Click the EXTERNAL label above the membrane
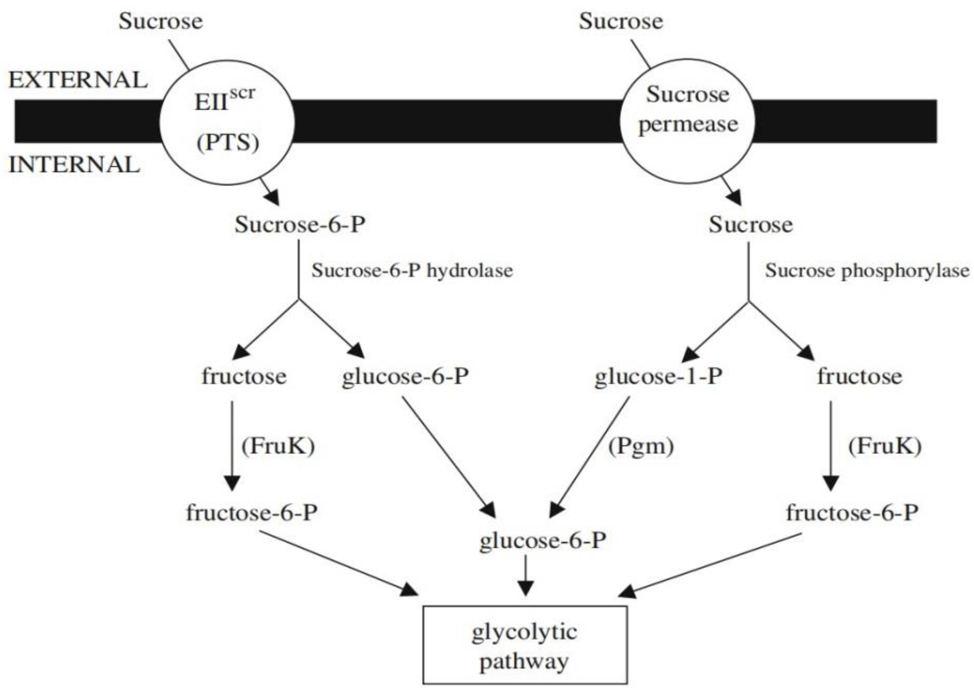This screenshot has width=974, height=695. (78, 80)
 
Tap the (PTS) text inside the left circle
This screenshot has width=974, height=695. (228, 143)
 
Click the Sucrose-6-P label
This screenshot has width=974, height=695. (300, 224)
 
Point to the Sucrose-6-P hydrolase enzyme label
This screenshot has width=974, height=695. (412, 271)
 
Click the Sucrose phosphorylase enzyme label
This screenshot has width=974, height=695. (867, 271)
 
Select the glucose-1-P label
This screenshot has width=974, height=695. (659, 376)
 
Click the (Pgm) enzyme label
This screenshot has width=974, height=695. (641, 446)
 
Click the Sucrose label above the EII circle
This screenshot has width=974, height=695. (160, 21)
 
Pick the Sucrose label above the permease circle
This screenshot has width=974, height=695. (621, 21)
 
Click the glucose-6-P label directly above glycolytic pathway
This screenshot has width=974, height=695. (542, 541)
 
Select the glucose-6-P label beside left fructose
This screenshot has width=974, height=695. (405, 376)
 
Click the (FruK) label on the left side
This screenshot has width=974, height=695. (278, 446)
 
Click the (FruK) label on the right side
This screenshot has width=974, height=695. (885, 446)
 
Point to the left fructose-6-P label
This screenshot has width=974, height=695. (252, 512)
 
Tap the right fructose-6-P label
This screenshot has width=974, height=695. (852, 512)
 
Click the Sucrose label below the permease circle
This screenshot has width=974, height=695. (750, 224)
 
